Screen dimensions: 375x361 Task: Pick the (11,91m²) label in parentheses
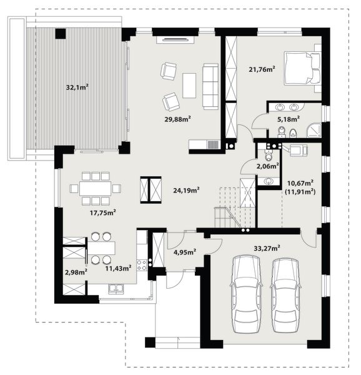[299, 191]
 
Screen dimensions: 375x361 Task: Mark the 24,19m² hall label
[187, 189]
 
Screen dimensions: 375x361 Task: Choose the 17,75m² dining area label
[103, 212]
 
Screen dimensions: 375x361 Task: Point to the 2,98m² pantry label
[76, 272]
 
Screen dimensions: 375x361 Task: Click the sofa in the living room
[210, 85]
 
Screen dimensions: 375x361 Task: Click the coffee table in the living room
[189, 85]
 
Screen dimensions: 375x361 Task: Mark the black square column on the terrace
[61, 34]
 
